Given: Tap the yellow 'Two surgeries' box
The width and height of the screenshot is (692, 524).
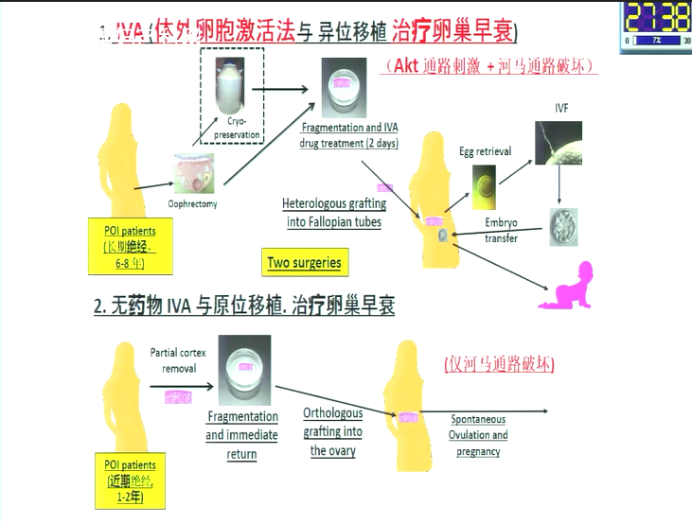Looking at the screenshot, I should point(304,262).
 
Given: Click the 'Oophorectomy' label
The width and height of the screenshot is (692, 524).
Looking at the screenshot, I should point(192,203).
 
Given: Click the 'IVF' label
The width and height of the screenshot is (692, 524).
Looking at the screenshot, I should point(561,109).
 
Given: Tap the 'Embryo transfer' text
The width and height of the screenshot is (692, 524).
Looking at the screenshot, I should point(501,231).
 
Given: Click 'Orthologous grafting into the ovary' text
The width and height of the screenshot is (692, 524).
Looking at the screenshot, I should point(332,432).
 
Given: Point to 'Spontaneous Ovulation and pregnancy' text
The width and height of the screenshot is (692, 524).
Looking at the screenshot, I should point(478,435).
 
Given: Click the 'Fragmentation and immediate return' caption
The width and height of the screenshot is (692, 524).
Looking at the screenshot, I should point(242,435).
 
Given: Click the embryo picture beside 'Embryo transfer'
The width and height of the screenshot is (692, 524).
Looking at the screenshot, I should point(563,227).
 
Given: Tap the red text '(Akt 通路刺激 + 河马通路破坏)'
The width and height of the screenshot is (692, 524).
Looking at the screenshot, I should point(490,66).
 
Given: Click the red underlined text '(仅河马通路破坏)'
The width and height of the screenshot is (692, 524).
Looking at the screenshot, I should point(499,364).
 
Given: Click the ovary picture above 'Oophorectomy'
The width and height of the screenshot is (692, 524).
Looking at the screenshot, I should point(193,174).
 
